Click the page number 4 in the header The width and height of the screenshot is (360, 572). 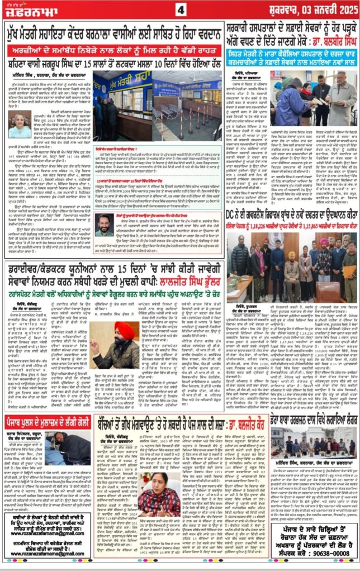click(x=180, y=9)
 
